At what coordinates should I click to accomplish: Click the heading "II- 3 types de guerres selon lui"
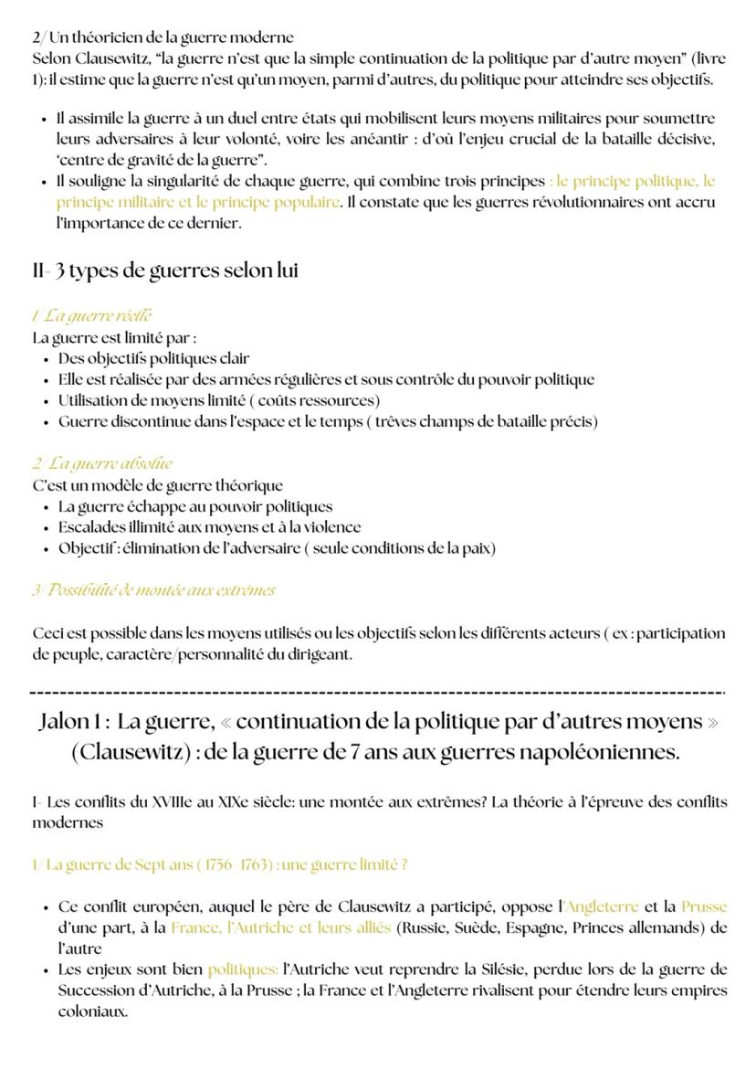165,271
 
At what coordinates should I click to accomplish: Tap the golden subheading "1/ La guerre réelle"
91,316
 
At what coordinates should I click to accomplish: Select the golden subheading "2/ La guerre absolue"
102,463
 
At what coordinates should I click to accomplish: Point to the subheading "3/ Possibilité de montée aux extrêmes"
153,590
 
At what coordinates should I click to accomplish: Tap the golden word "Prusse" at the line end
704,907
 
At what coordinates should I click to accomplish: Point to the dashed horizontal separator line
377,692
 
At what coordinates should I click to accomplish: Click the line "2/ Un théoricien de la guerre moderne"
163,37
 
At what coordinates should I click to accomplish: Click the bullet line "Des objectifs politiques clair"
153,358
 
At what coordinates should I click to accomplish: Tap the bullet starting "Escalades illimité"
209,527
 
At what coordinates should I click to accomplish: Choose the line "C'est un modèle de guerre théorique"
158,485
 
